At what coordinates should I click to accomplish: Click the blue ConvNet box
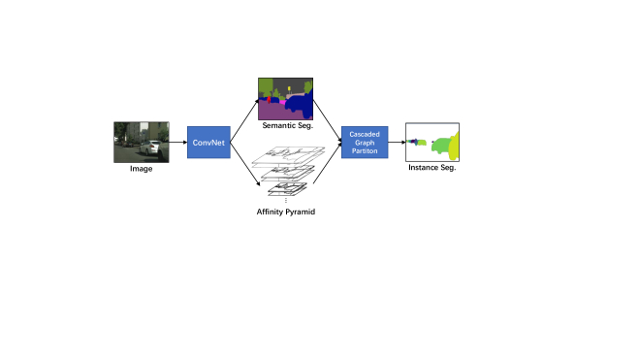[207, 143]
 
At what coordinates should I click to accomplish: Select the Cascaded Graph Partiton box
[365, 143]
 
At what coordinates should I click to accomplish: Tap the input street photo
[142, 141]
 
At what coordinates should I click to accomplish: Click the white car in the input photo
[151, 148]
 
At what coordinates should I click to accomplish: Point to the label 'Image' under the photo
[142, 169]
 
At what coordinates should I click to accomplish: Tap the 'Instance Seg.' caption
[432, 168]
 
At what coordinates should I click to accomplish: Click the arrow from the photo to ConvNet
[178, 143]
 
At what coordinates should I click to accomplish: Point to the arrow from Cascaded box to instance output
[397, 143]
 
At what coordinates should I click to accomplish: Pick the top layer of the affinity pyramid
[291, 152]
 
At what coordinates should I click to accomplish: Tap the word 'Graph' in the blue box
[365, 143]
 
